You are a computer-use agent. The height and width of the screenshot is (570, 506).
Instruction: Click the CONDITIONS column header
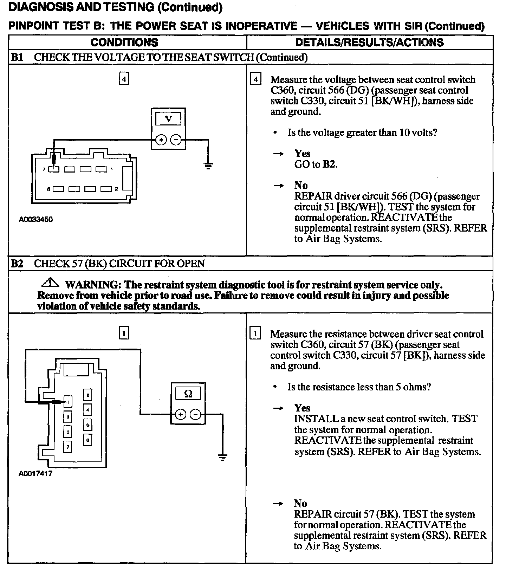pyautogui.click(x=124, y=43)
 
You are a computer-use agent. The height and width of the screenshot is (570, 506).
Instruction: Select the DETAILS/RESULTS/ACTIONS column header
pyautogui.click(x=369, y=43)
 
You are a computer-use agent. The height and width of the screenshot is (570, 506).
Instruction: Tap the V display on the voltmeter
pyautogui.click(x=168, y=119)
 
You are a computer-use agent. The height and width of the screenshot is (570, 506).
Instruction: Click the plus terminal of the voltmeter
pyautogui.click(x=161, y=140)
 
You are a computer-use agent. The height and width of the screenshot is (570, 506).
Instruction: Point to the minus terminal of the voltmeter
pyautogui.click(x=176, y=140)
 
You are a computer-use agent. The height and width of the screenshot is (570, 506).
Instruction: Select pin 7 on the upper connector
pyautogui.click(x=54, y=169)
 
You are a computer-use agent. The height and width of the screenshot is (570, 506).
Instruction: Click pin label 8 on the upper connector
pyautogui.click(x=48, y=189)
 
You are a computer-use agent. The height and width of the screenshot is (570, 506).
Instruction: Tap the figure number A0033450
pyautogui.click(x=36, y=219)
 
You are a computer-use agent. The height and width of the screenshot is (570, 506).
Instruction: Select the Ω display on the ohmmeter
pyautogui.click(x=188, y=394)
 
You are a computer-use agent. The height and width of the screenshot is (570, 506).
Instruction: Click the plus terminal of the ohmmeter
pyautogui.click(x=180, y=415)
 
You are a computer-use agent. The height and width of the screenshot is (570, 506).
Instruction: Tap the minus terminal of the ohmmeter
pyautogui.click(x=195, y=415)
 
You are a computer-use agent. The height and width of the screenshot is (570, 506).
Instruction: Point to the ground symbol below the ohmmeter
pyautogui.click(x=222, y=457)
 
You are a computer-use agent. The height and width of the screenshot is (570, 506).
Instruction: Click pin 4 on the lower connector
pyautogui.click(x=87, y=409)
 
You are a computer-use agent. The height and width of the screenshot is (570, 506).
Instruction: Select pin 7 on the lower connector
pyautogui.click(x=67, y=446)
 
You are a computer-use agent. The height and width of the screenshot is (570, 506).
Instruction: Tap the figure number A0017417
pyautogui.click(x=35, y=473)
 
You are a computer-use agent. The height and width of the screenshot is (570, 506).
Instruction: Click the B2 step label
pyautogui.click(x=17, y=264)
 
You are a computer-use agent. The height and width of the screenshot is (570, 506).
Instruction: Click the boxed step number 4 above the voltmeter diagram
pyautogui.click(x=124, y=79)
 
